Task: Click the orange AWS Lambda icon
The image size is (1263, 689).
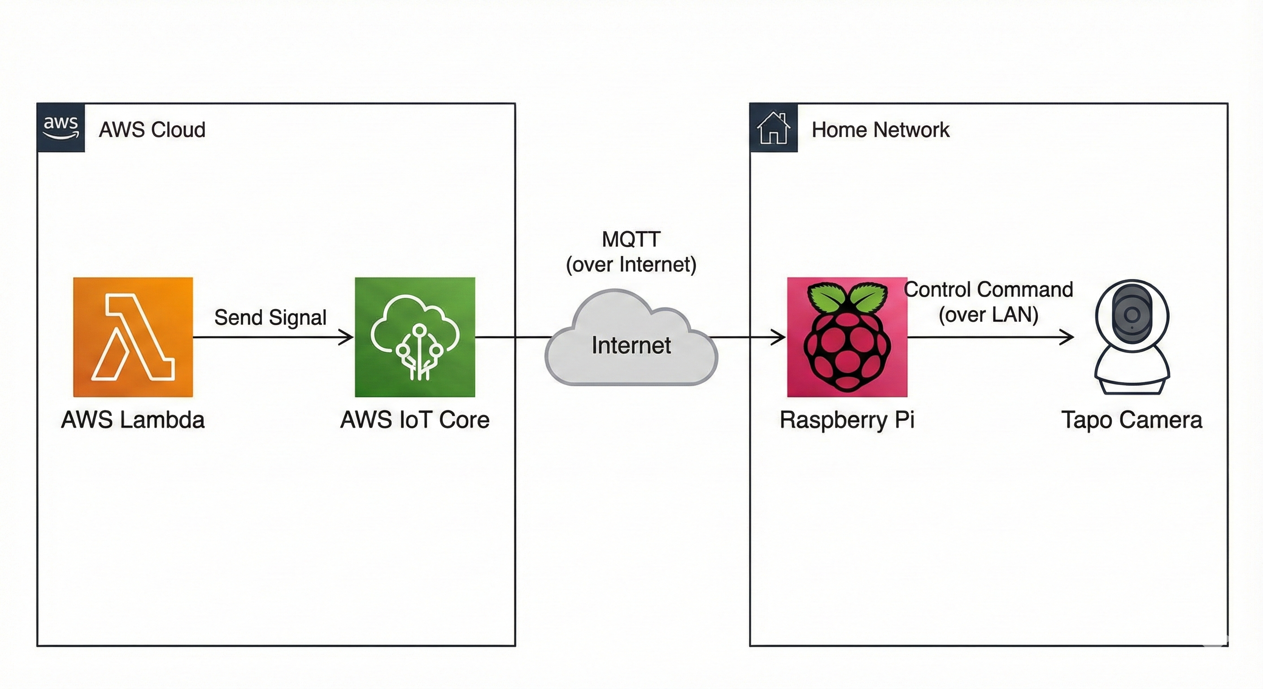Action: [133, 337]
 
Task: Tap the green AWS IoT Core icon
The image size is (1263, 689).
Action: [415, 337]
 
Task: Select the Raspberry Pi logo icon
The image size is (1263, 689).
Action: [847, 337]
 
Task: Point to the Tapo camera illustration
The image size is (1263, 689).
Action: [1132, 337]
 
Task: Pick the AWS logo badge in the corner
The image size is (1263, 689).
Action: [61, 127]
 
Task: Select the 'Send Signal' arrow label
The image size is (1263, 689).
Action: [270, 317]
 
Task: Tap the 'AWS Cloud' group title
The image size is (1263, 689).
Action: [152, 130]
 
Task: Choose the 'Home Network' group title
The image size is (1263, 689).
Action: [880, 130]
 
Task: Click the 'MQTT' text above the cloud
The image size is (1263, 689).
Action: [631, 240]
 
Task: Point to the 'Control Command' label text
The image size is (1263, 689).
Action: [989, 289]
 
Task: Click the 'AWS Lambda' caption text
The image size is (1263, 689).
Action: [133, 420]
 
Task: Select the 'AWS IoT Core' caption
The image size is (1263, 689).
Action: [415, 420]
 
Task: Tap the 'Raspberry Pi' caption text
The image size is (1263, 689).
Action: [847, 420]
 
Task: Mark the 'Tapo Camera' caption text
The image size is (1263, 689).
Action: [1132, 420]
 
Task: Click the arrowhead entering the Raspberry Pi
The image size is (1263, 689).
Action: [780, 337]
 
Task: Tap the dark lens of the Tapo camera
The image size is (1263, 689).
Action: [1132, 314]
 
